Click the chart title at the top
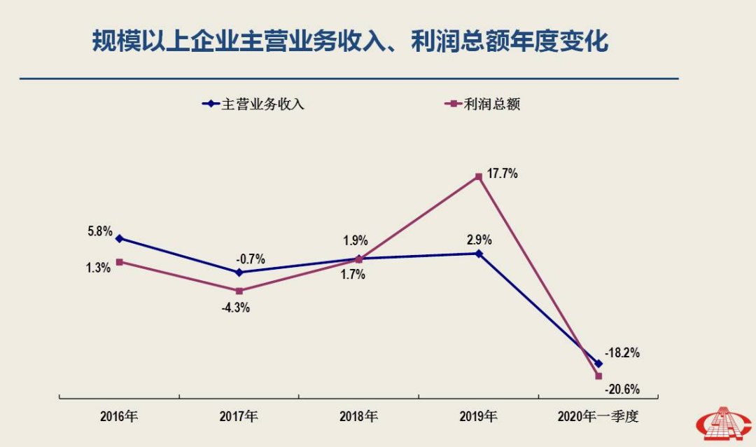pyautogui.click(x=350, y=41)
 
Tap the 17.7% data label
pyautogui.click(x=502, y=174)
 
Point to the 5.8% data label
pyautogui.click(x=99, y=231)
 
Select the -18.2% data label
pyautogui.click(x=622, y=353)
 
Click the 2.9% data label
pyautogui.click(x=479, y=240)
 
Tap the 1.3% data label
pyautogui.click(x=99, y=268)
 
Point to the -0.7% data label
pyautogui.click(x=251, y=258)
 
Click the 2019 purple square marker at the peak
pyautogui.click(x=479, y=177)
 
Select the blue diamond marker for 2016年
pyautogui.click(x=119, y=238)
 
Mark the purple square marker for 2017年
pyautogui.click(x=239, y=291)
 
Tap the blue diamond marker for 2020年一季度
pyautogui.click(x=598, y=364)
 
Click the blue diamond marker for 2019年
pyautogui.click(x=479, y=254)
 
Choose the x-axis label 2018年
pyautogui.click(x=358, y=417)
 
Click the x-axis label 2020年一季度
pyautogui.click(x=598, y=417)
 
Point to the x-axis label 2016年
pyautogui.click(x=119, y=417)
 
